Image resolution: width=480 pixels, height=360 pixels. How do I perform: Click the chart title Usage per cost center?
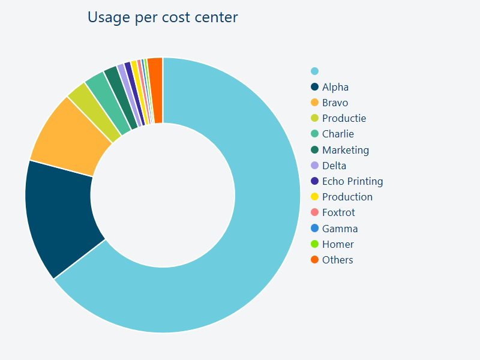(163, 17)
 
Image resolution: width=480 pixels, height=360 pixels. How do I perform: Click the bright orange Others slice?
(155, 90)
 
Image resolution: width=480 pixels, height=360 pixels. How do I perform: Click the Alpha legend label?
(335, 87)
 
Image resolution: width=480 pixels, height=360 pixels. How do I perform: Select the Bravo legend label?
(335, 103)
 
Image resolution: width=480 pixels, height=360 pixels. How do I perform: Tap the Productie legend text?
(344, 118)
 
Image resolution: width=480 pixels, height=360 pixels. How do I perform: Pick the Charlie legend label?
(338, 134)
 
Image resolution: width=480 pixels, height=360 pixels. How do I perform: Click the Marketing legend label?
(346, 150)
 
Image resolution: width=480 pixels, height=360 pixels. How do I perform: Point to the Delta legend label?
(334, 166)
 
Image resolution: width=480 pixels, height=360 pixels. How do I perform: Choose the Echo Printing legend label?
(352, 181)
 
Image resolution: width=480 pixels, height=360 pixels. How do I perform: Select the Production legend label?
(347, 197)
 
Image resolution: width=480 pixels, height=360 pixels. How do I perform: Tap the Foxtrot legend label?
(338, 212)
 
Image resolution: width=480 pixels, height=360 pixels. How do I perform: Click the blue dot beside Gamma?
(314, 229)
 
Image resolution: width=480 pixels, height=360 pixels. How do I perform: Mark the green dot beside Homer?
(314, 244)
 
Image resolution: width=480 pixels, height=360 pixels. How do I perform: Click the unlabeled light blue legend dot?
(314, 71)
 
